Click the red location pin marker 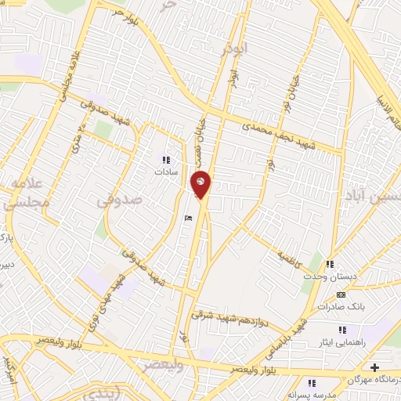200,186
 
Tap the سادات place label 166,171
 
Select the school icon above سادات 166,160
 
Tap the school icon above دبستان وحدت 331,264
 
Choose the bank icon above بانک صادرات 339,294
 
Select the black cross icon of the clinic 375,367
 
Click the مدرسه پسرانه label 311,396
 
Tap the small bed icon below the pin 186,219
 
